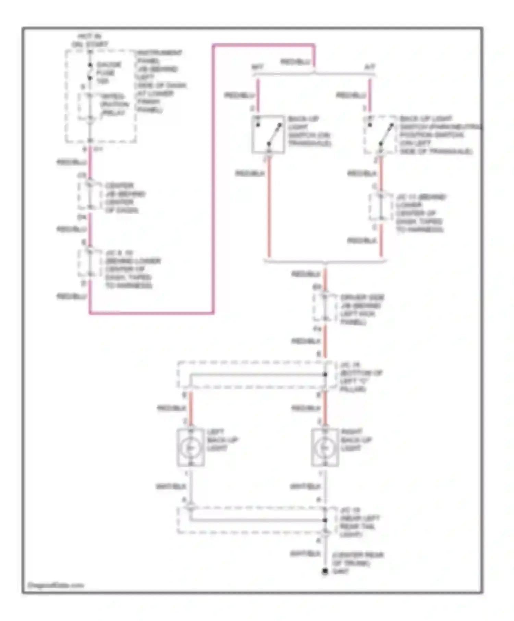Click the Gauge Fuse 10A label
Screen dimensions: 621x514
coord(108,73)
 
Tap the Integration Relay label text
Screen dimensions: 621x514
coord(114,104)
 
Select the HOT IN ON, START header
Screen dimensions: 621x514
coord(89,40)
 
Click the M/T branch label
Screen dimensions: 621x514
coord(257,67)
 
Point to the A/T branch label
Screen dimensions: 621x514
coord(369,67)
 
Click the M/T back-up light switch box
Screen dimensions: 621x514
coord(268,134)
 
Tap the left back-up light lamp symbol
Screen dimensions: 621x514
coord(191,447)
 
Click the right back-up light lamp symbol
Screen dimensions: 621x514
coord(325,447)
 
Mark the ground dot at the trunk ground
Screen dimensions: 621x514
coord(325,571)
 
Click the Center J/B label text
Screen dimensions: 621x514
coord(122,198)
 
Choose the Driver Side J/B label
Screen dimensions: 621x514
coord(361,309)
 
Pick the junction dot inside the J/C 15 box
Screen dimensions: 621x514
coord(325,375)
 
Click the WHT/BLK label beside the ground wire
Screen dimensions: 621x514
coord(305,553)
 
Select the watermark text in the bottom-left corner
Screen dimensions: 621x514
coord(56,585)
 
